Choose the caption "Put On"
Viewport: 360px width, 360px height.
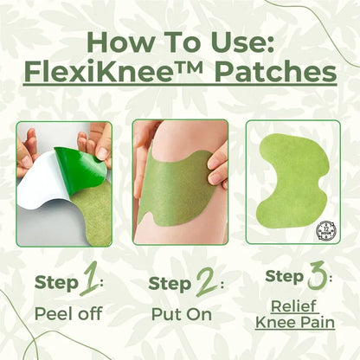tap(180, 314)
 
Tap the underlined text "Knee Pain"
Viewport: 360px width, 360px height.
tap(295, 323)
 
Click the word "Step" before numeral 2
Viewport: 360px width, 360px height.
tap(169, 282)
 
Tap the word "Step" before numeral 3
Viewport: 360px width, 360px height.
tap(284, 277)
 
